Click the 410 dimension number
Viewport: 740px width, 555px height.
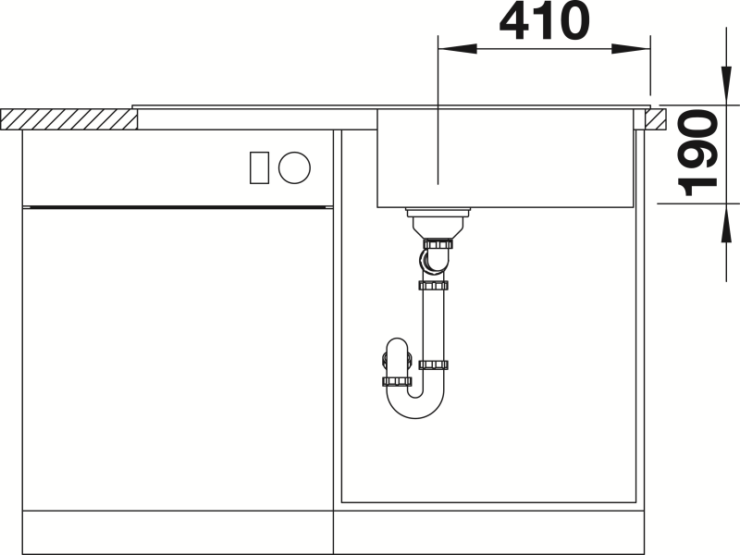click(x=544, y=21)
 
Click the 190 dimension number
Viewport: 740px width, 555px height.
click(x=697, y=153)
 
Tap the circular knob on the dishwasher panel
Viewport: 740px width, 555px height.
click(x=294, y=167)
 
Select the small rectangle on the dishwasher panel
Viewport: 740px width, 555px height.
click(x=259, y=167)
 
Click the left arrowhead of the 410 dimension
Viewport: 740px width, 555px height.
click(x=457, y=49)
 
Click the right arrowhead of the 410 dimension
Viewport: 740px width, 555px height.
click(x=631, y=49)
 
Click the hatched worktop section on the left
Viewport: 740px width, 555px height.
click(x=68, y=119)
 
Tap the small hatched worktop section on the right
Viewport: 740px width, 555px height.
click(x=656, y=119)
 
